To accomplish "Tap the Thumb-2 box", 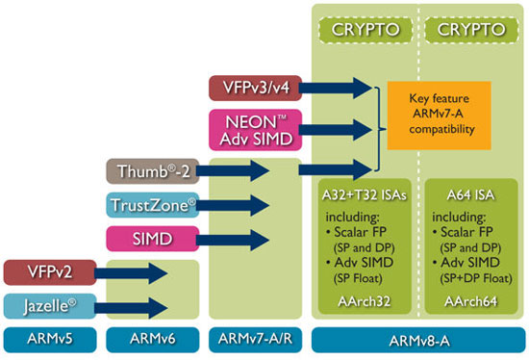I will click(152, 172).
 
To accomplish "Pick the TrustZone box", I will click(152, 205).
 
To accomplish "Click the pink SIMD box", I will click(152, 238).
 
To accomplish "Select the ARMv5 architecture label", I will click(47, 340).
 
